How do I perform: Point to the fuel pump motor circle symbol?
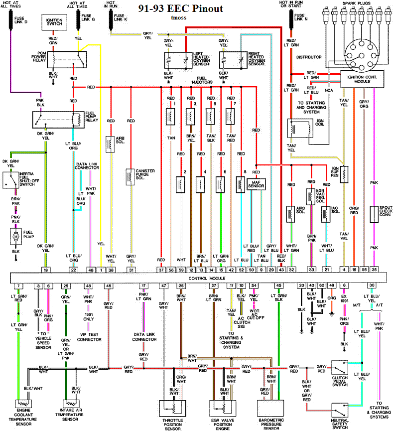click(x=15, y=235)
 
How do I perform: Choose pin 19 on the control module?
click(x=45, y=269)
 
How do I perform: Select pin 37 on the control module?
click(x=161, y=269)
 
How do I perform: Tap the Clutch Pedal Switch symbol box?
click(x=340, y=368)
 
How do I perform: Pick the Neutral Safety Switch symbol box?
click(x=340, y=410)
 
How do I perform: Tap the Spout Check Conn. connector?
click(x=375, y=214)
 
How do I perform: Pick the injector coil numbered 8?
click(x=240, y=183)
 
